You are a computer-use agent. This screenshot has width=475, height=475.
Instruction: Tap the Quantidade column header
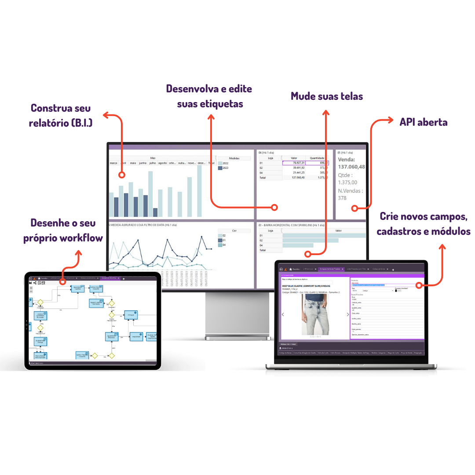[317, 158]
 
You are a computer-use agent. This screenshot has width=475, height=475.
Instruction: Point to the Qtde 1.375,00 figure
[347, 179]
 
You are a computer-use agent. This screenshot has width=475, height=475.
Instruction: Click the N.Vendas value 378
[342, 198]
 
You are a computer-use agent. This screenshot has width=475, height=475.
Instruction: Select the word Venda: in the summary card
[346, 160]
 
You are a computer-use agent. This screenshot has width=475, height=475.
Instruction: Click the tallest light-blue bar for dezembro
[199, 191]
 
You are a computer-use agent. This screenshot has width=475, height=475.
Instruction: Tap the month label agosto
[162, 163]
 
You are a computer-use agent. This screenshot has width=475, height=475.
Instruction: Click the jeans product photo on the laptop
[315, 315]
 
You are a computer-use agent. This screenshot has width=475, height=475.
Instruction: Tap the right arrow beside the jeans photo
[347, 314]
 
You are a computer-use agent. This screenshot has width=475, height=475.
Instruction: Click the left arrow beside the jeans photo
[282, 314]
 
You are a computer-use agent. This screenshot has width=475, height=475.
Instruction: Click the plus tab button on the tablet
[124, 278]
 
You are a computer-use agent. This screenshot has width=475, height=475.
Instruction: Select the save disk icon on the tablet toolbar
[30, 283]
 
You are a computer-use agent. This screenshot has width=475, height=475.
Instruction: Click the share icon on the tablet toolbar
[35, 283]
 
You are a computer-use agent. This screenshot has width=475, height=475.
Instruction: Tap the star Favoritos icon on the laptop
[290, 269]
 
